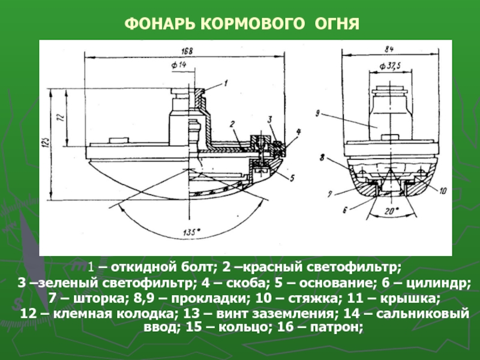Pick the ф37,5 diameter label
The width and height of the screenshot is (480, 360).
[x=390, y=64]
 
